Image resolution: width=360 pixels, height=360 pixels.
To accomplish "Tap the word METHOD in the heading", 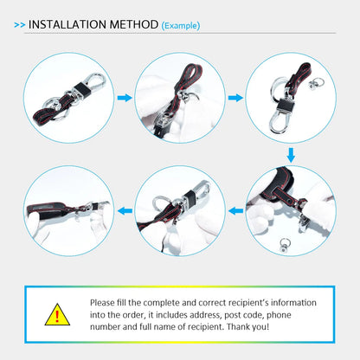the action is coord(134,24).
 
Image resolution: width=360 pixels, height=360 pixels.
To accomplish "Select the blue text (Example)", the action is coord(181,26).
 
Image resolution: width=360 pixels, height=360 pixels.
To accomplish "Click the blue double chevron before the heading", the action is coord(20,25).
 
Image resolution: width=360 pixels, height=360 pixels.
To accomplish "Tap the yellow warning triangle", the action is coord(57,315).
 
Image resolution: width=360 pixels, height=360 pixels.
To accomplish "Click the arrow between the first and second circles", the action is coord(125,98).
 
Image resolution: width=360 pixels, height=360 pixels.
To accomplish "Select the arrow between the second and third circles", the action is coord(235,98).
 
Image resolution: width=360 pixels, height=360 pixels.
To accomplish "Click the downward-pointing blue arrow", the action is coord(291,155).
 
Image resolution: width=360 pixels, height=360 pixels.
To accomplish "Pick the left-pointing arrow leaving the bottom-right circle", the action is coord(235,211).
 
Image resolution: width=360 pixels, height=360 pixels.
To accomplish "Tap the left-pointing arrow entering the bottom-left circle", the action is coord(125,211).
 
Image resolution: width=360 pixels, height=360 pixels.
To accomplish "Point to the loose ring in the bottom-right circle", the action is coord(285,244).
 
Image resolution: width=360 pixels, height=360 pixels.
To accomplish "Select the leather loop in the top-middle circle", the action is coord(188,77).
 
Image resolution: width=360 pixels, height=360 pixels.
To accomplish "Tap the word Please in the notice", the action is coord(102,303).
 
